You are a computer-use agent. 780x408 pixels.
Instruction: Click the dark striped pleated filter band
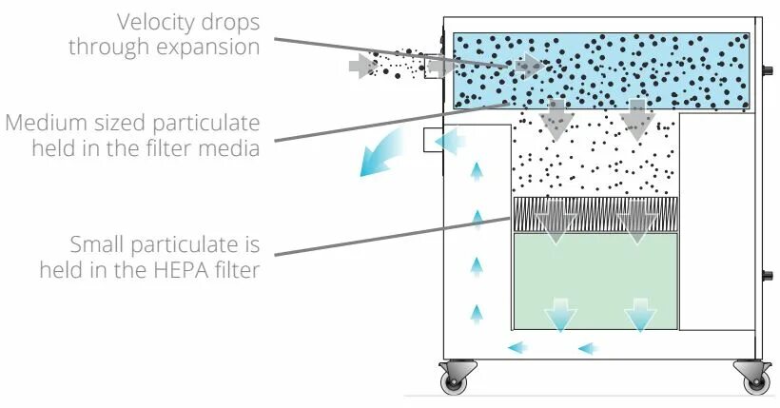pos(595,215)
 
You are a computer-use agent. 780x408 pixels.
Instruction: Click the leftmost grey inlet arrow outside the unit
pos(361,66)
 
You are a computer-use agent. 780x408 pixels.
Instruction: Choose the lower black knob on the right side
pos(768,278)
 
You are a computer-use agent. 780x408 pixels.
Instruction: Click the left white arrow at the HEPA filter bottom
pos(559,317)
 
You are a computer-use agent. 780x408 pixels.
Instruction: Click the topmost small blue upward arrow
pos(477,172)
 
